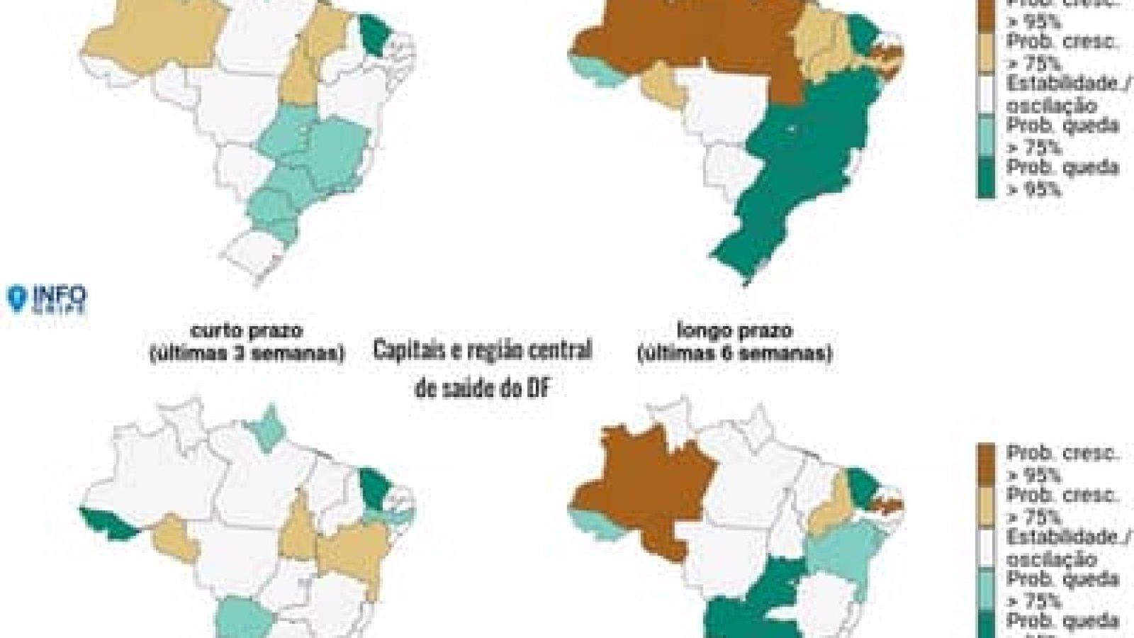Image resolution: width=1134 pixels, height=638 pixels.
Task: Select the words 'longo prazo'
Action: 734,330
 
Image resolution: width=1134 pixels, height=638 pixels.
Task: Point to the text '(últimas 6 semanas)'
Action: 734,352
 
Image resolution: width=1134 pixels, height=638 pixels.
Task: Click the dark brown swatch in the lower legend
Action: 987,462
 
